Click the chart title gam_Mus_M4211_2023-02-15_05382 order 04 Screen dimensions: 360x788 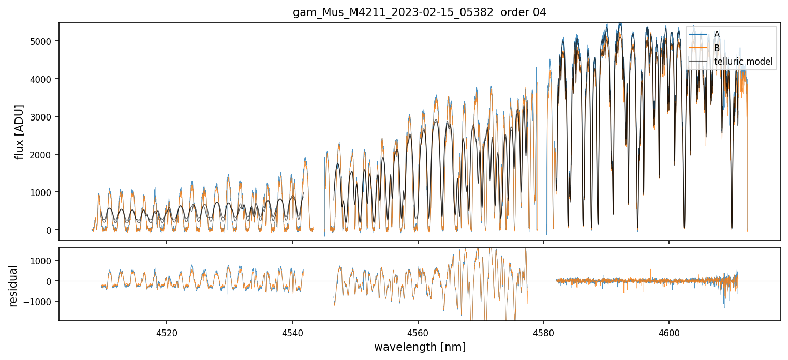coord(419,12)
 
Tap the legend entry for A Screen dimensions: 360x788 coord(717,34)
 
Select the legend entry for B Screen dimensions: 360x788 coord(717,48)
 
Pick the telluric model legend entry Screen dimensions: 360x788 coord(743,62)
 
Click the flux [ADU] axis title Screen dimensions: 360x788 coord(20,131)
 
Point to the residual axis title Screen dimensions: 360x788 coord(13,286)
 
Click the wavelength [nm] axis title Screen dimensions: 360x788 coord(420,347)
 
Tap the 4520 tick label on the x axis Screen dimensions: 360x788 coord(167,332)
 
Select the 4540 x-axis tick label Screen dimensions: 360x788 coord(292,332)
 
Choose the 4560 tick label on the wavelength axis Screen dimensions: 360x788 coord(418,332)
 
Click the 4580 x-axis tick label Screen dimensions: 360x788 coord(543,332)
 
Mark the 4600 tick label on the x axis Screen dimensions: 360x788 coord(669,332)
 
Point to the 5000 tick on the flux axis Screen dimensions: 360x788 coord(44,41)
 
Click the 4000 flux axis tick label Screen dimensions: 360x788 coord(44,79)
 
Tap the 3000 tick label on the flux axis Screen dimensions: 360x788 coord(44,117)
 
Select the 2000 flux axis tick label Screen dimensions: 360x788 coord(44,155)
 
